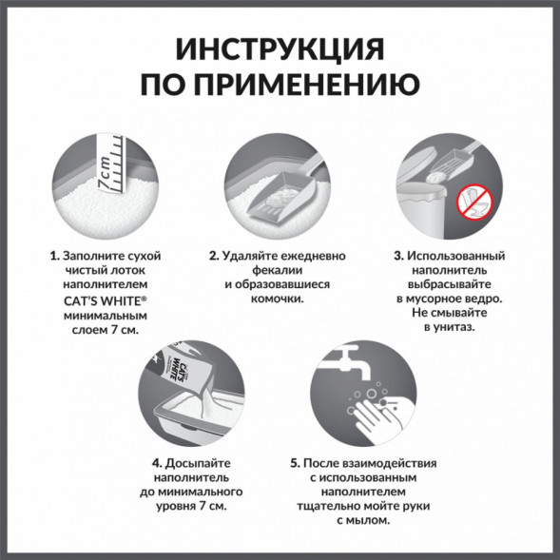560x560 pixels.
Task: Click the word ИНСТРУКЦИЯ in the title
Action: (280, 50)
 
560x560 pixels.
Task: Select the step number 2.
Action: (215, 257)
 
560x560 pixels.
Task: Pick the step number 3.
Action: (398, 257)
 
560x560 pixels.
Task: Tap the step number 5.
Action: (295, 464)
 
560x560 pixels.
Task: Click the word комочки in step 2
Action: (278, 299)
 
